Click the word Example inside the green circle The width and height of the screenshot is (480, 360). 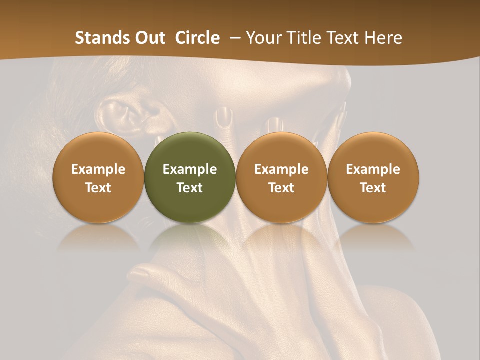[x=190, y=169]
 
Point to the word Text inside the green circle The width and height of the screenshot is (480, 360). [x=190, y=188]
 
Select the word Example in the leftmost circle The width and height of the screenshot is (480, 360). [x=98, y=169]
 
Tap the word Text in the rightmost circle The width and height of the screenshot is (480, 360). [x=373, y=188]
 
